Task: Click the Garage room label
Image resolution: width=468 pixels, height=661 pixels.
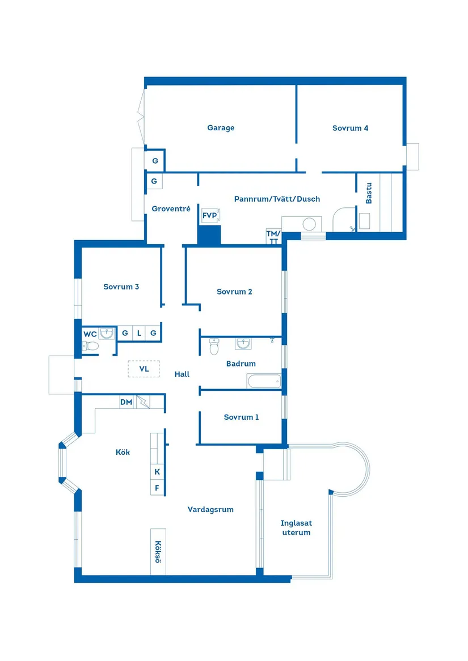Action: [221, 128]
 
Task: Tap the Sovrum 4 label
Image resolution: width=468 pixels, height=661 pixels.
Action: [350, 128]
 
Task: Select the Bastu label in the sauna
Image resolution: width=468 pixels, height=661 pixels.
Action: [369, 193]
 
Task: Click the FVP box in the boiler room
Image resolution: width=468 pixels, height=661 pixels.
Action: [209, 215]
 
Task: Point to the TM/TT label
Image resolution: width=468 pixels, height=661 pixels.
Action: [273, 237]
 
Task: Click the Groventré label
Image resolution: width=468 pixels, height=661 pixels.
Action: [171, 208]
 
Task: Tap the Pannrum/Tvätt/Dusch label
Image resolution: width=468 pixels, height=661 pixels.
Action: [277, 199]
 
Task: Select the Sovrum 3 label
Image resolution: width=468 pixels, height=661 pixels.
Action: [121, 287]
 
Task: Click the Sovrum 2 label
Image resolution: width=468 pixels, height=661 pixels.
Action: [234, 292]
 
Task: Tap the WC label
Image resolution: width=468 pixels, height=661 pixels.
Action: [90, 334]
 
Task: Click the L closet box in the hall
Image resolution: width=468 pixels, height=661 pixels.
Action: [139, 333]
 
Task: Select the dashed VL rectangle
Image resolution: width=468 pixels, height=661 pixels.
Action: [144, 369]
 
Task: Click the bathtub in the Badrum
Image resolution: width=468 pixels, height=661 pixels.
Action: [264, 381]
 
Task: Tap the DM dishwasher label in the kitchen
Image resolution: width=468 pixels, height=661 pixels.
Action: [126, 402]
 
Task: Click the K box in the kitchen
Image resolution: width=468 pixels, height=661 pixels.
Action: [157, 471]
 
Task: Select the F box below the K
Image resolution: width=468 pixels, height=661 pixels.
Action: [157, 487]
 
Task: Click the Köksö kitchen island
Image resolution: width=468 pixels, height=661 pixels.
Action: [158, 552]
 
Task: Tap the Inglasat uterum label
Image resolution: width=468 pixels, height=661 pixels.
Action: [296, 528]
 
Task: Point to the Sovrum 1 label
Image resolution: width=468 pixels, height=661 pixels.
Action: [241, 417]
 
